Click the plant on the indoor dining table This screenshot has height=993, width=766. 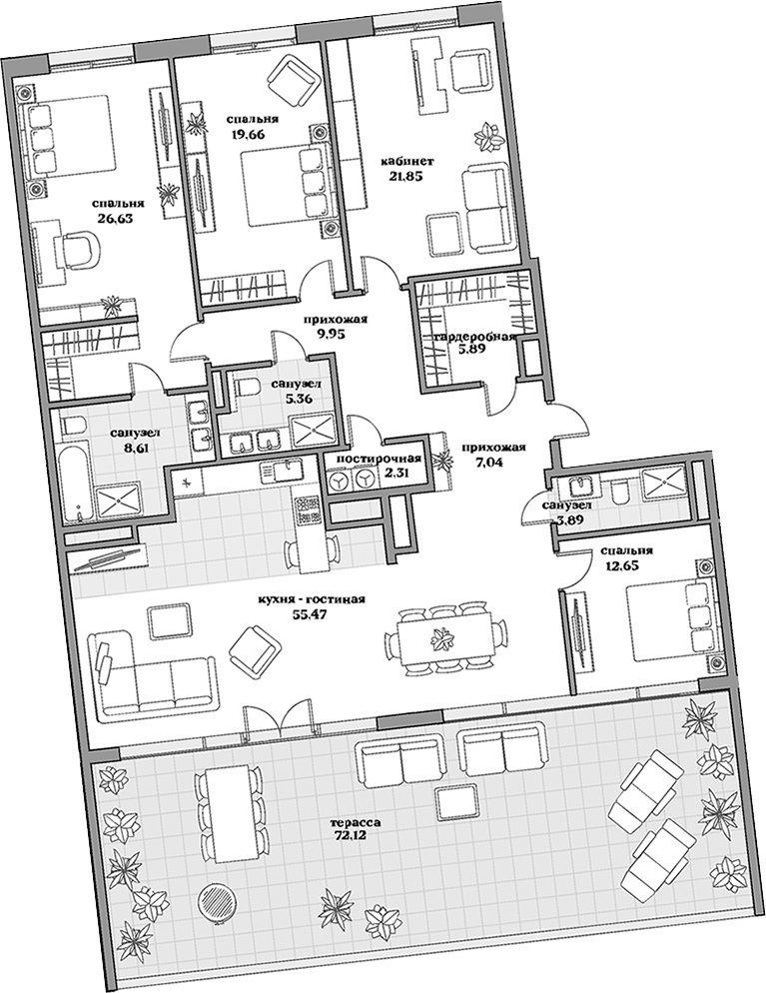click(x=439, y=640)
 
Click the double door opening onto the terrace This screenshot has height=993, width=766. click(x=279, y=717)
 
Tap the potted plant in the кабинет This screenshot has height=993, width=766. click(x=489, y=133)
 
